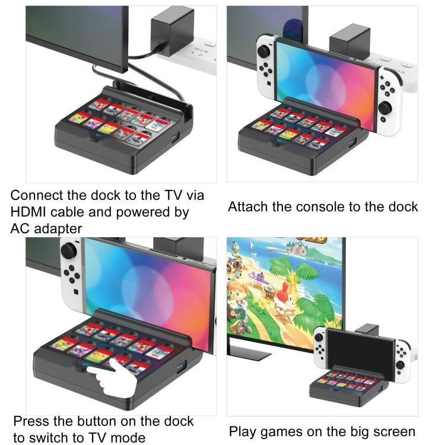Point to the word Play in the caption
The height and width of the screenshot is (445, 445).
pyautogui.click(x=243, y=431)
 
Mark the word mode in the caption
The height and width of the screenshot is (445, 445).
pyautogui.click(x=127, y=438)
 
